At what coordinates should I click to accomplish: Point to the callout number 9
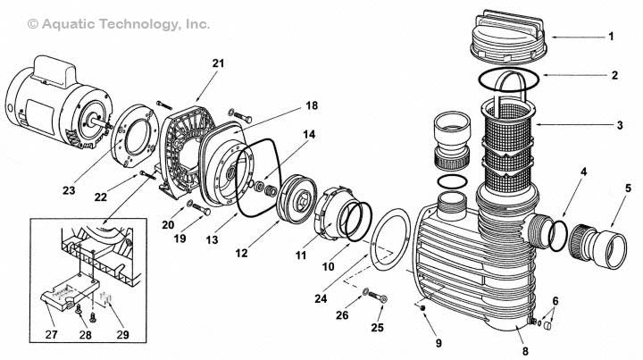point(413,341)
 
